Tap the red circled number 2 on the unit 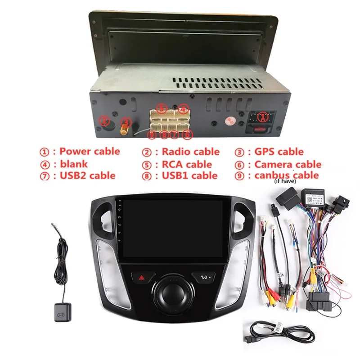104,121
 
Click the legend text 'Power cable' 90,152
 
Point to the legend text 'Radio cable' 190,152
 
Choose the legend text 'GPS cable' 279,152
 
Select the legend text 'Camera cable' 288,164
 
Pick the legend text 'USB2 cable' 87,175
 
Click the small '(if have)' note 286,183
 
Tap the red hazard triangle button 139,278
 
